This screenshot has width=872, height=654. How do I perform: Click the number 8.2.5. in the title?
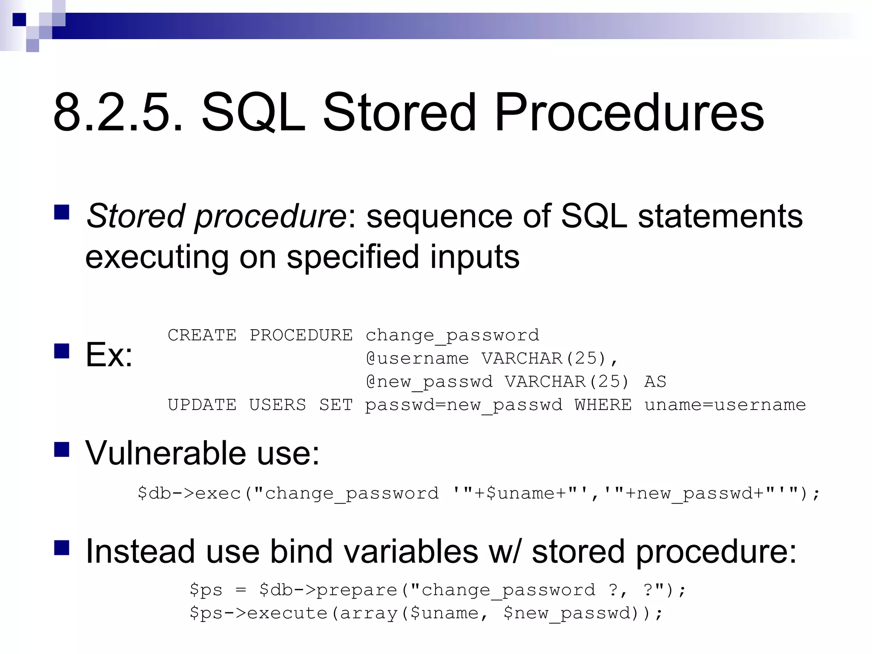click(117, 113)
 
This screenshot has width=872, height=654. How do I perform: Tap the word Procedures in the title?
click(629, 113)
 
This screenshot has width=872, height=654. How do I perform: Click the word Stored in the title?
click(399, 113)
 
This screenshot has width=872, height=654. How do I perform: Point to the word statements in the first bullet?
click(720, 216)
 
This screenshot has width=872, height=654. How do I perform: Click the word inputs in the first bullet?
click(474, 257)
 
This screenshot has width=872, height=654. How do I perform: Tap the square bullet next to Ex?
click(62, 351)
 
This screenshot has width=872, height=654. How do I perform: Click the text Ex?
click(109, 355)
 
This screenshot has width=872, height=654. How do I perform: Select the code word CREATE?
click(202, 335)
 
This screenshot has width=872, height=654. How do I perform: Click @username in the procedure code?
click(417, 359)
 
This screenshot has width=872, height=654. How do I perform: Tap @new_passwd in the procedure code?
click(429, 382)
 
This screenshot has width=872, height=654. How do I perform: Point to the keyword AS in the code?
click(655, 382)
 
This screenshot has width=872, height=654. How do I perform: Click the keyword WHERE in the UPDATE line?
click(603, 405)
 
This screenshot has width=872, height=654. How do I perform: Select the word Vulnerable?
click(166, 453)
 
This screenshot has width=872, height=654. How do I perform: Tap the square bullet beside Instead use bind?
click(62, 548)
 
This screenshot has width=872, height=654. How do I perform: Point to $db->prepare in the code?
click(328, 590)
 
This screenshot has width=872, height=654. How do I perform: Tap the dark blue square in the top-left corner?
click(19, 20)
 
